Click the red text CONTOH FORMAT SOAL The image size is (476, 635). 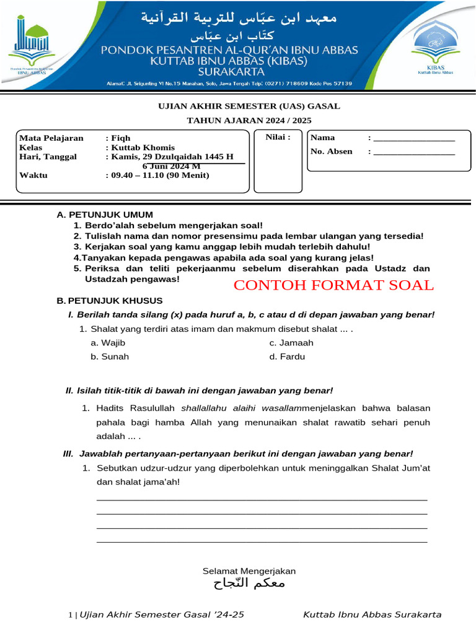[x=333, y=285]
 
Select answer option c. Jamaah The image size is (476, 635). [x=291, y=343]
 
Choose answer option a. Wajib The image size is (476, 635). [x=108, y=343]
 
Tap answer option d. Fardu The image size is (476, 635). [x=287, y=357]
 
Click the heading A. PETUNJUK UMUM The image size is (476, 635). [x=105, y=215]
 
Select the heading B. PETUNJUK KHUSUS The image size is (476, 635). [x=110, y=301]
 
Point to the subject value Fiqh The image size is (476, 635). [x=121, y=138]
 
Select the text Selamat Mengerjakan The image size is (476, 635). [x=249, y=571]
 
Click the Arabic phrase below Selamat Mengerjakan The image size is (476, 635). [x=249, y=584]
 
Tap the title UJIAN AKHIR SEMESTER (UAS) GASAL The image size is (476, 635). [x=249, y=106]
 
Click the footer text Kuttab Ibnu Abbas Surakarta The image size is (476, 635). [x=372, y=615]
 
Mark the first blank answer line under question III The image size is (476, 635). [x=262, y=499]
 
